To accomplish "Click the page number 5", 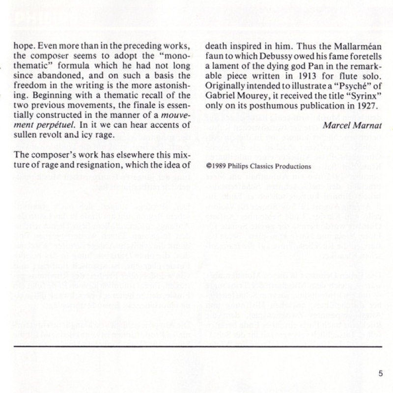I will [x=381, y=372].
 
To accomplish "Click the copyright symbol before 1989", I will [x=209, y=167].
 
